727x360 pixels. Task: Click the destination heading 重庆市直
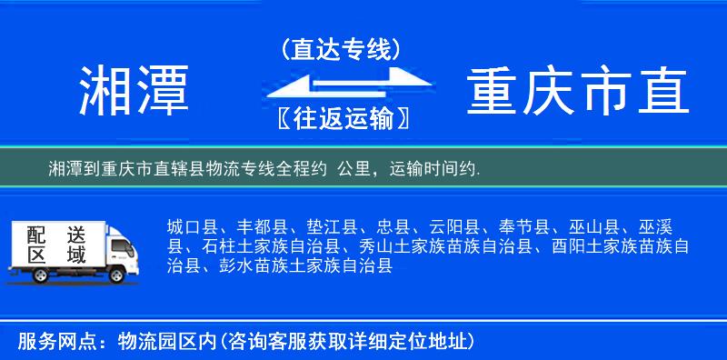click(x=579, y=91)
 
